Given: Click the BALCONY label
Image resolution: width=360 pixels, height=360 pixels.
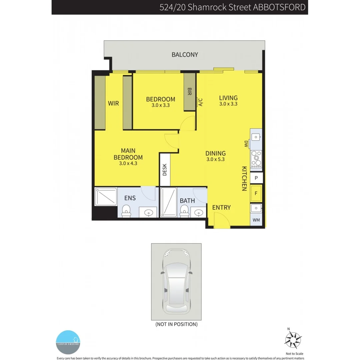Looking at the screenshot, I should [x=185, y=55].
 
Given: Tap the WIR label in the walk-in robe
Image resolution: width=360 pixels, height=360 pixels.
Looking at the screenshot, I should [x=113, y=103].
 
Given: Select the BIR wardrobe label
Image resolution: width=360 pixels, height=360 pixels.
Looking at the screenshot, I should [x=190, y=92].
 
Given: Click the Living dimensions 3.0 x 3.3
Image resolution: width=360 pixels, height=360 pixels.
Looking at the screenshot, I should [x=228, y=104].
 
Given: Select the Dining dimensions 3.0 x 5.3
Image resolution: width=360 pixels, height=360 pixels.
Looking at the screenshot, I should [x=216, y=159].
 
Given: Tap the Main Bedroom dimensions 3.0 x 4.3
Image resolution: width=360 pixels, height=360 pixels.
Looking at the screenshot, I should [x=128, y=163].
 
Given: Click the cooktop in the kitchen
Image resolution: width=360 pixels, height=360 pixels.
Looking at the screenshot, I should [x=256, y=159].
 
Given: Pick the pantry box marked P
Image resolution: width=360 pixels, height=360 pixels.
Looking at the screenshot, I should [x=256, y=178].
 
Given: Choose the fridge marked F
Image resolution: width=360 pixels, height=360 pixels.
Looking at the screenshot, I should [x=256, y=193].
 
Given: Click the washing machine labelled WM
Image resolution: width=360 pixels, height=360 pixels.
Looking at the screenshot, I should [x=256, y=220].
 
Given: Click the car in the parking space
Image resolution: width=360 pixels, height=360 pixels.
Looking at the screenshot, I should [x=176, y=282].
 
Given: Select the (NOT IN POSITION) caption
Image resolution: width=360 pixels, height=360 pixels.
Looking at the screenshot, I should [x=176, y=324].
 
